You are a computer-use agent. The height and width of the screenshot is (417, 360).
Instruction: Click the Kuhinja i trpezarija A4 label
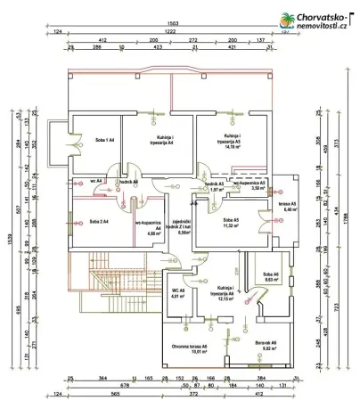click(158, 141)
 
